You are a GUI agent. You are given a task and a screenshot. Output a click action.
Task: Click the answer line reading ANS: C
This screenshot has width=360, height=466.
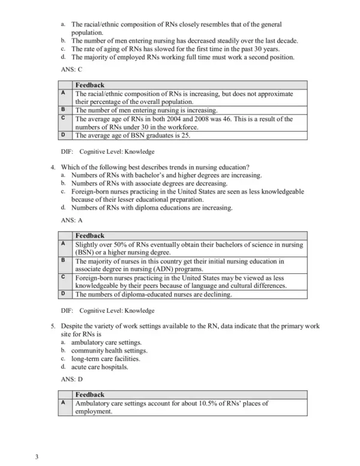(x=73, y=70)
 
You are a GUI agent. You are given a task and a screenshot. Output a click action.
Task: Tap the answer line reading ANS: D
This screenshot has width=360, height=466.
(x=73, y=380)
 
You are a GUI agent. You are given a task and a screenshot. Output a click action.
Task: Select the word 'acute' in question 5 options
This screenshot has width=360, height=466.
(x=80, y=366)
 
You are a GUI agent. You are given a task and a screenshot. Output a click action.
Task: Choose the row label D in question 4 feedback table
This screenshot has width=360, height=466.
(x=63, y=294)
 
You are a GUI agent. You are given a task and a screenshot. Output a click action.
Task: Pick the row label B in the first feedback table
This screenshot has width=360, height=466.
(x=63, y=110)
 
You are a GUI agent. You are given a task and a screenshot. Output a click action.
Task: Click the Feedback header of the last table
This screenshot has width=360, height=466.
(x=89, y=395)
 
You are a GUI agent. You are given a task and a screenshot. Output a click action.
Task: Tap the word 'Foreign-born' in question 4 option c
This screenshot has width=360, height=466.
(x=92, y=192)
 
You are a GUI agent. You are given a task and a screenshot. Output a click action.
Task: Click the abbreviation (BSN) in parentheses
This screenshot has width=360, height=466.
(x=85, y=253)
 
